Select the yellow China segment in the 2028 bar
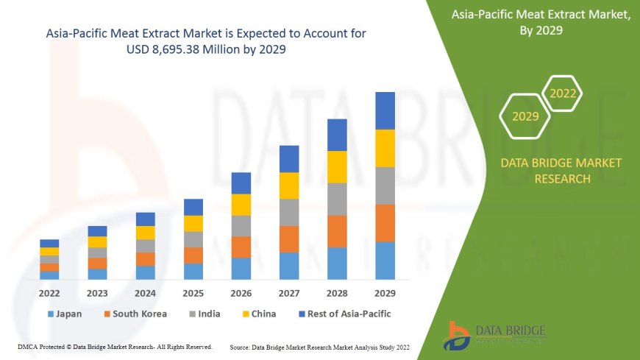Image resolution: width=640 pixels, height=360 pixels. (x=337, y=167)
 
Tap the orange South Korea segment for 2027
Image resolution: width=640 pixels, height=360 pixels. (x=289, y=239)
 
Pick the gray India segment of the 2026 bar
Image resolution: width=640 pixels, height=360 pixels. (x=241, y=226)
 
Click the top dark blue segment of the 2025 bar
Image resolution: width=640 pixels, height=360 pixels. (x=193, y=207)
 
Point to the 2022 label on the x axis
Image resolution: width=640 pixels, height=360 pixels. (x=49, y=292)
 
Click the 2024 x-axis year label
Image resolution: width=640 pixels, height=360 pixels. (x=145, y=292)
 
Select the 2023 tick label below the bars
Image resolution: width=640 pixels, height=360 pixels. (x=97, y=292)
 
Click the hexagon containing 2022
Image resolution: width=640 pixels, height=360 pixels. (x=563, y=93)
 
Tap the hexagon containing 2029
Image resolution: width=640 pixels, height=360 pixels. (x=525, y=116)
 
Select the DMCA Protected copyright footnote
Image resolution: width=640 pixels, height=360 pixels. (x=115, y=346)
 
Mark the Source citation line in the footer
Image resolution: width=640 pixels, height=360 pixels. (x=320, y=346)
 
